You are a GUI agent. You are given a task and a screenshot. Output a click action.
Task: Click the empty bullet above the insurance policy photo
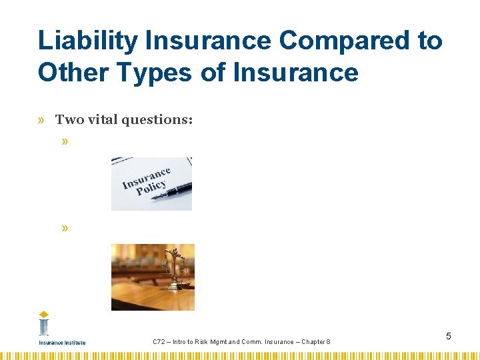(65, 142)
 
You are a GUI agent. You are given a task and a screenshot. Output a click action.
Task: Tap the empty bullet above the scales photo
(65, 228)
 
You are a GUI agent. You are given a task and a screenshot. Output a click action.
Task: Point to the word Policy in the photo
(151, 187)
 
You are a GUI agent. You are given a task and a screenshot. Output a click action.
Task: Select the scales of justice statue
(175, 270)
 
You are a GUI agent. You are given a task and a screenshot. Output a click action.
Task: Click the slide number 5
(449, 336)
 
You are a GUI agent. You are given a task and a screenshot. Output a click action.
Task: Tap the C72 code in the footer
(159, 342)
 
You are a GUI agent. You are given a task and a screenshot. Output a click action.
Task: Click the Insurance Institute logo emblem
(44, 325)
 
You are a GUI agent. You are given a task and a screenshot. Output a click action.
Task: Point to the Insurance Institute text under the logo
(62, 343)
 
